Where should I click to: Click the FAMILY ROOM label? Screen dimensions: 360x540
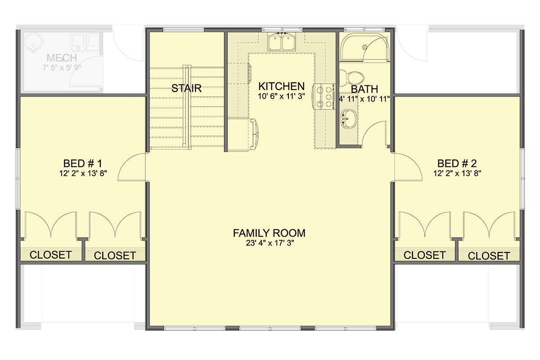[269, 233]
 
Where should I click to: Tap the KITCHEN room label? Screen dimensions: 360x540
[282, 86]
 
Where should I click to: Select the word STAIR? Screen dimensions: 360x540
[186, 88]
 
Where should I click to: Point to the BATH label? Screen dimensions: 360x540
[364, 89]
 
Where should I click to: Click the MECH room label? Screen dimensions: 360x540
[62, 58]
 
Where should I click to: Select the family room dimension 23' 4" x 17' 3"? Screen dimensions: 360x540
[269, 243]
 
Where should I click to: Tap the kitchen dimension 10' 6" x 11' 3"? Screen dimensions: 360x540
[282, 96]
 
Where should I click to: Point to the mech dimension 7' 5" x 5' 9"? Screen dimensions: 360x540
[62, 68]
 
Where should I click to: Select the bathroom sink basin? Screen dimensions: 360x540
[348, 120]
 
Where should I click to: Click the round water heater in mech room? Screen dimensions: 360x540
[33, 43]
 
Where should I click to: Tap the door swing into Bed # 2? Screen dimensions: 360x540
[407, 166]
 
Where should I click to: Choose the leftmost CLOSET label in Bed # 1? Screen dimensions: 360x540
[50, 255]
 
